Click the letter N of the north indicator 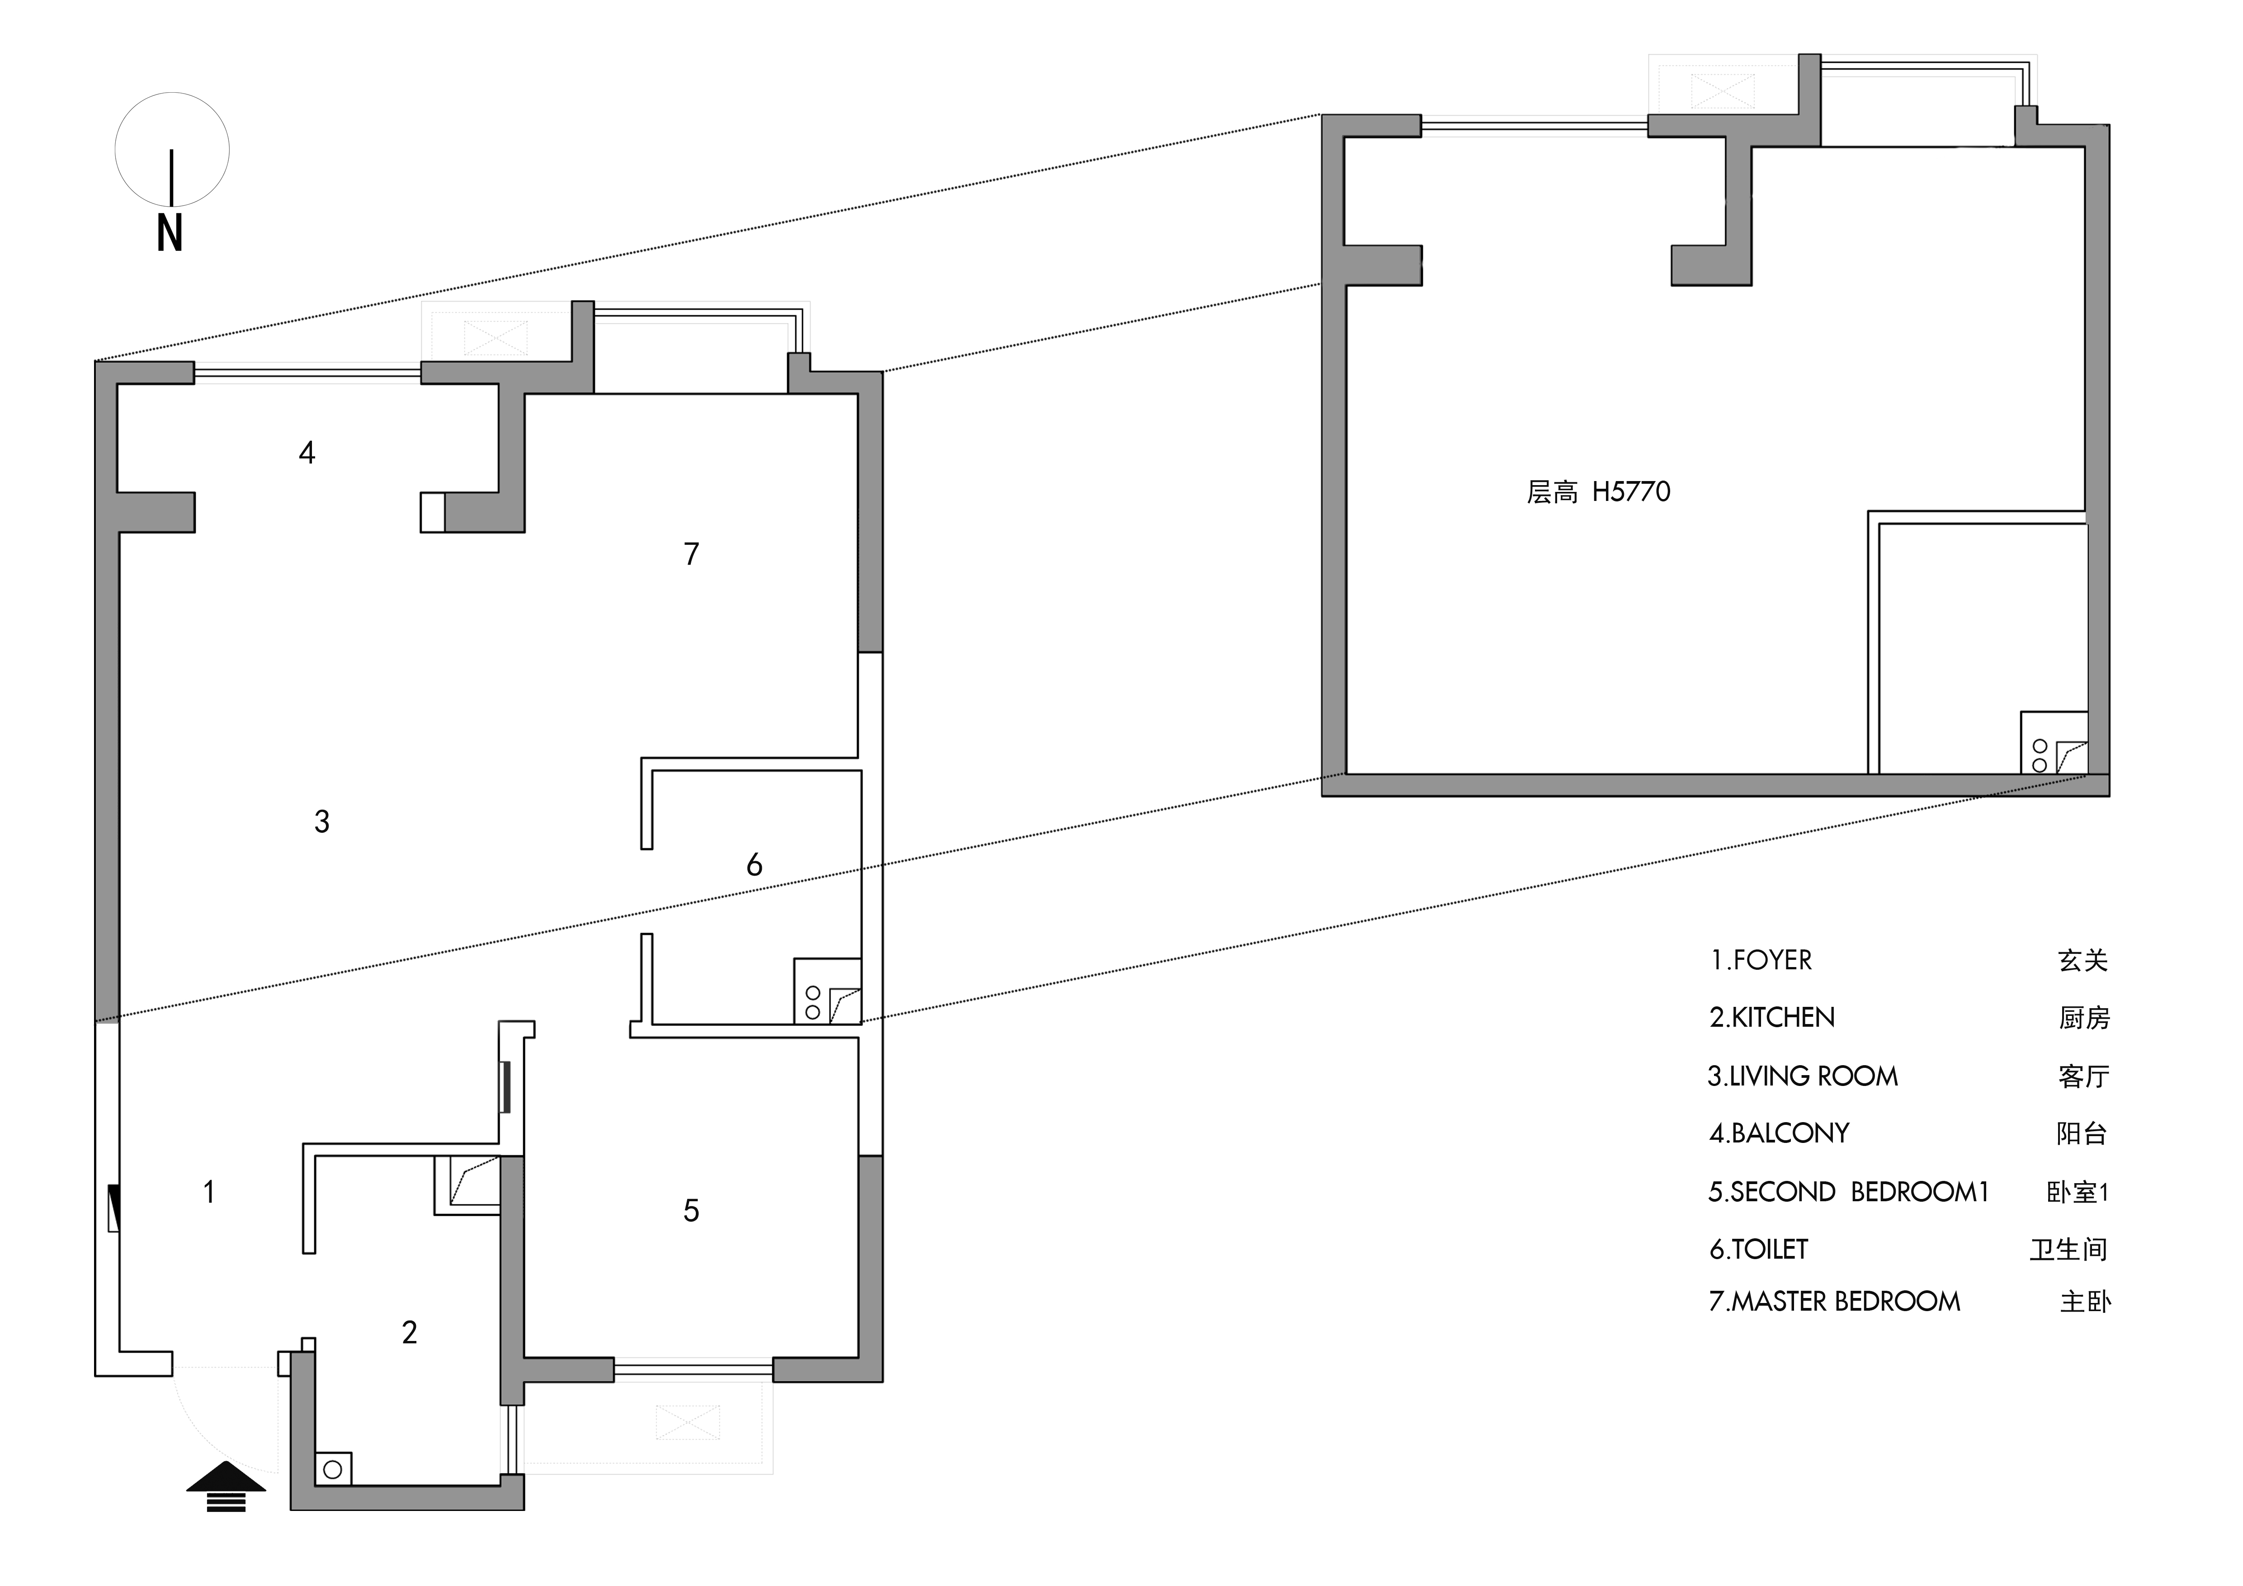click(170, 233)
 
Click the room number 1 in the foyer click(209, 1191)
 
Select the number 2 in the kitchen click(409, 1332)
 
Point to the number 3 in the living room click(321, 821)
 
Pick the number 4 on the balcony click(307, 452)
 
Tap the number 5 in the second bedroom click(691, 1211)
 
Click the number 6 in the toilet click(754, 864)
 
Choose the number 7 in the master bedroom click(692, 554)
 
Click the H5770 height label click(1631, 491)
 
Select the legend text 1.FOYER click(1761, 960)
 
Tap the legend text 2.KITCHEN click(1772, 1018)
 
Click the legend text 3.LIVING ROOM click(1803, 1076)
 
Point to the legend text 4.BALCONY click(1779, 1133)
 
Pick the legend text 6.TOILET click(1758, 1249)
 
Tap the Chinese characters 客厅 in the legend click(2084, 1076)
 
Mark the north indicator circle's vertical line click(172, 179)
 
